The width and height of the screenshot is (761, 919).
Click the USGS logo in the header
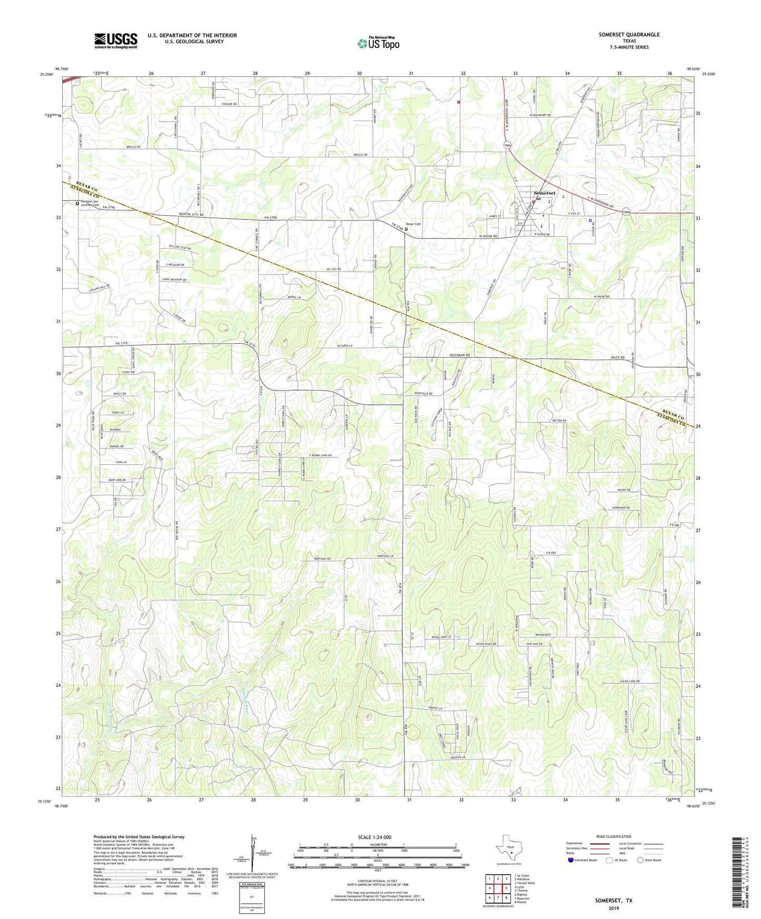click(116, 41)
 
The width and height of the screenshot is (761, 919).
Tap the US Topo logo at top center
click(378, 43)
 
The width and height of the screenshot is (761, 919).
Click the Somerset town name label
click(544, 193)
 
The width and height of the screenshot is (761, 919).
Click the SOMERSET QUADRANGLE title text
click(629, 35)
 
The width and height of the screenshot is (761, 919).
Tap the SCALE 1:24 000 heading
click(374, 837)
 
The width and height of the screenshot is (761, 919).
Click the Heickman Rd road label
click(459, 355)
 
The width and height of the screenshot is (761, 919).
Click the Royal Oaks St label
click(441, 637)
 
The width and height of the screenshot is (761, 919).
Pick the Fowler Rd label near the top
click(228, 104)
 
